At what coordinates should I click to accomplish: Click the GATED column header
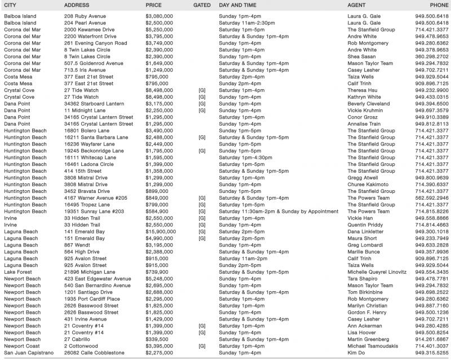[202, 5]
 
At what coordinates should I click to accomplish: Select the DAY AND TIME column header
[240, 5]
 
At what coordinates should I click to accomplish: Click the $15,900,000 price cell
[161, 231]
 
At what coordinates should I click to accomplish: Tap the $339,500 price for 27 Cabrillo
[158, 339]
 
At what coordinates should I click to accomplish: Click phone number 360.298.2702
[432, 56]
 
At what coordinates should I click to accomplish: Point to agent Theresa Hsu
[365, 90]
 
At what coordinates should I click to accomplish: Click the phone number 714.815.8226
[432, 212]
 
